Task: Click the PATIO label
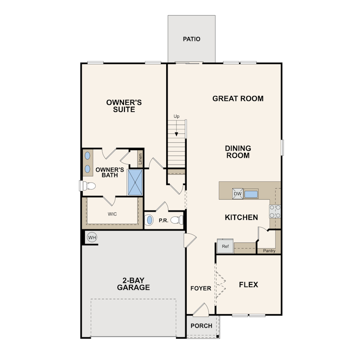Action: (192, 39)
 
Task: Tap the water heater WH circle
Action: (92, 237)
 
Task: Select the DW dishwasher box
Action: (238, 193)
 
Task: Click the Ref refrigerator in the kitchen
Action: (225, 246)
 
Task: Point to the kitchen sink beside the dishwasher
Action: (251, 194)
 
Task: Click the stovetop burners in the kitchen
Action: (275, 211)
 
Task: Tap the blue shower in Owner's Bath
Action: (135, 182)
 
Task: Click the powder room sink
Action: (149, 220)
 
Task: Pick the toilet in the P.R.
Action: (177, 220)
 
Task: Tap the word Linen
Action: (140, 159)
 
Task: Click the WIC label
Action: (112, 214)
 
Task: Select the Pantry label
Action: (269, 251)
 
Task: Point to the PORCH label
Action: (201, 326)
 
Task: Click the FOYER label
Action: (200, 288)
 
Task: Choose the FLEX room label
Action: (248, 285)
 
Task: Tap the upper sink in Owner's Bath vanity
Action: (88, 156)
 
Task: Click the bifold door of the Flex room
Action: (220, 285)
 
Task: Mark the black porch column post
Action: (218, 336)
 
